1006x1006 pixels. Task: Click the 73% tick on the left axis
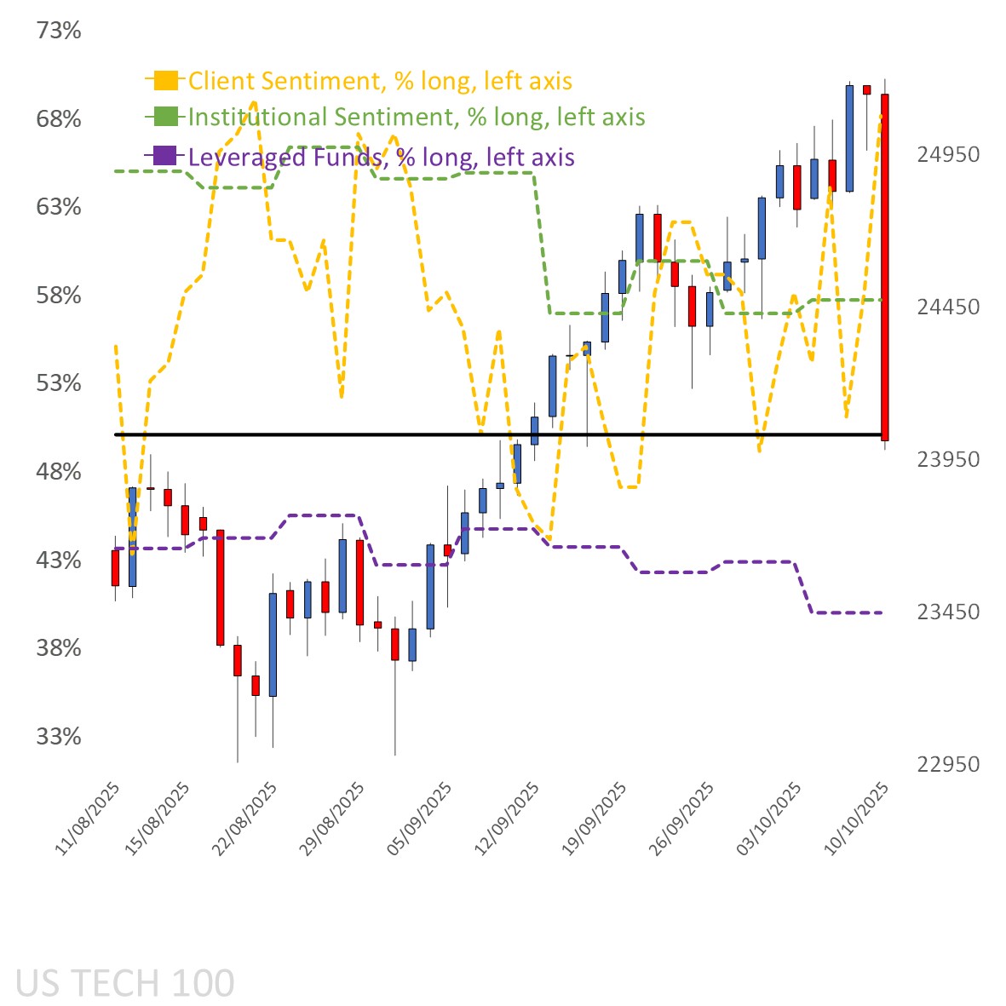pyautogui.click(x=59, y=31)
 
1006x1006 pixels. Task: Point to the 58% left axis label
pyautogui.click(x=59, y=296)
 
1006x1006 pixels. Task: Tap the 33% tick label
pyautogui.click(x=59, y=737)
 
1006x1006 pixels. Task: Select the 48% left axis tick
pyautogui.click(x=59, y=472)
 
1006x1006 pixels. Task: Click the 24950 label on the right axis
pyautogui.click(x=948, y=154)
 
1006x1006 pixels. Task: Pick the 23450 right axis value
pyautogui.click(x=948, y=612)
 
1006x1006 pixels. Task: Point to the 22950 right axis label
pyautogui.click(x=948, y=764)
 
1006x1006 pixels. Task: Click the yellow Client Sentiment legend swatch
pyautogui.click(x=165, y=80)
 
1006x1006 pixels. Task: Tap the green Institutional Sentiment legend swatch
pyautogui.click(x=165, y=116)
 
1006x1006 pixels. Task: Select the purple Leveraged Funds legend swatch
pyautogui.click(x=165, y=156)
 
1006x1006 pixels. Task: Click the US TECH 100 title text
pyautogui.click(x=124, y=983)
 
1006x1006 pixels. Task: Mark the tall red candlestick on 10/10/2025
pyautogui.click(x=885, y=267)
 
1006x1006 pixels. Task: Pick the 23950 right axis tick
pyautogui.click(x=948, y=459)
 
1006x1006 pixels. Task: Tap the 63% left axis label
pyautogui.click(x=59, y=207)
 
